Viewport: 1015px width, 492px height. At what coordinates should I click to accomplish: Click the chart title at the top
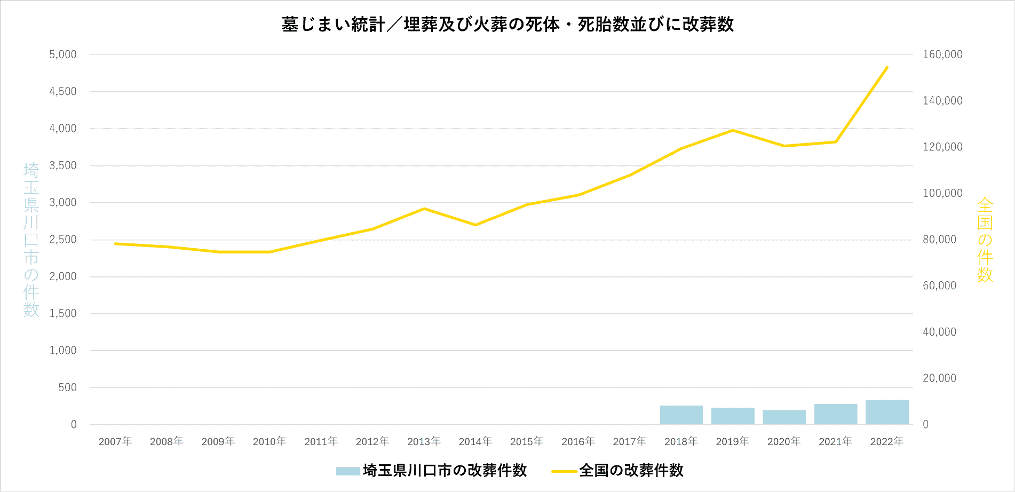507,25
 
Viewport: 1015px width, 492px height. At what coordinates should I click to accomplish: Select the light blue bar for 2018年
681,415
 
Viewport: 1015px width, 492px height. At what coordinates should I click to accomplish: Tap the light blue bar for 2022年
887,412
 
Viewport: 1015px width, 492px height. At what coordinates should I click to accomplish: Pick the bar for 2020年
784,417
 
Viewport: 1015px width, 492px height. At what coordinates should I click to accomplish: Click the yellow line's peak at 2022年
887,67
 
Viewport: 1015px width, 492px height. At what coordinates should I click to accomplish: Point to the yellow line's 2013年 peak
424,209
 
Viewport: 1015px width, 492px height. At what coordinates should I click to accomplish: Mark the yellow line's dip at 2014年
475,225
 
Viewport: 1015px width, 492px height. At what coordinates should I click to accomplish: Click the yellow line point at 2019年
733,130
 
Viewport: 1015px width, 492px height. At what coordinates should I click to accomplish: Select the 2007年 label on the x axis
115,441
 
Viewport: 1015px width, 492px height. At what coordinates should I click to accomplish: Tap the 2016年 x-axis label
578,441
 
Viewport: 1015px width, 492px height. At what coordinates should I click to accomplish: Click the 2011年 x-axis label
321,441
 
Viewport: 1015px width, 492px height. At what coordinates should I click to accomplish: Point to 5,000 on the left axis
63,54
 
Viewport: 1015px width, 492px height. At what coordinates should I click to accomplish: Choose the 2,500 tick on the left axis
63,240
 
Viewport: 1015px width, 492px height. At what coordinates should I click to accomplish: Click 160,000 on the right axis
942,54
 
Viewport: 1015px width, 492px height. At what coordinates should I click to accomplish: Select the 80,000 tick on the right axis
939,240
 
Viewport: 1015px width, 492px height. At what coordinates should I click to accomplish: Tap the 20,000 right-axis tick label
939,378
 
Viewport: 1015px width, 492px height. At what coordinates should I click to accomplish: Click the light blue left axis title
31,240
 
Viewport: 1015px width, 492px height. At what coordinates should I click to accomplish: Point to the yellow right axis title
985,240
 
